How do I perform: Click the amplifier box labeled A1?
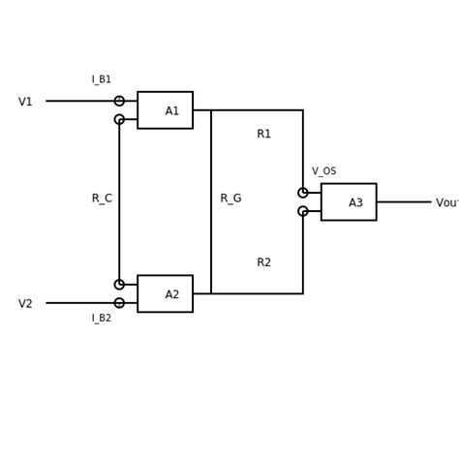[x=165, y=110]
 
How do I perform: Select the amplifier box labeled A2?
[x=165, y=293]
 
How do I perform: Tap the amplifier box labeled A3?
[x=349, y=201]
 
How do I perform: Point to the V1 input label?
[x=25, y=102]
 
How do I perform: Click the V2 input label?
[x=25, y=304]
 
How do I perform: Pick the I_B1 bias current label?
[x=102, y=79]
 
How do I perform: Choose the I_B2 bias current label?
[x=102, y=318]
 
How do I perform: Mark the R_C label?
[x=102, y=199]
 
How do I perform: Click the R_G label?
[x=230, y=199]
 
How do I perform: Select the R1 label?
[x=264, y=134]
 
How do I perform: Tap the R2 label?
[x=264, y=262]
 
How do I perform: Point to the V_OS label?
[x=324, y=171]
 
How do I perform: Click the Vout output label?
[x=446, y=203]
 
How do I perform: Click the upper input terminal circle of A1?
[x=119, y=101]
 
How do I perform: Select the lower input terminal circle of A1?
[x=119, y=119]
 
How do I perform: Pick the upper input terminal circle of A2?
[x=119, y=285]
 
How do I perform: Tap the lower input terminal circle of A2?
[x=119, y=303]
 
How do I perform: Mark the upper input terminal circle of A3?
[x=303, y=193]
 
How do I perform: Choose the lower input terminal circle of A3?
[x=303, y=211]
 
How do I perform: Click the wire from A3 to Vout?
[x=403, y=201]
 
